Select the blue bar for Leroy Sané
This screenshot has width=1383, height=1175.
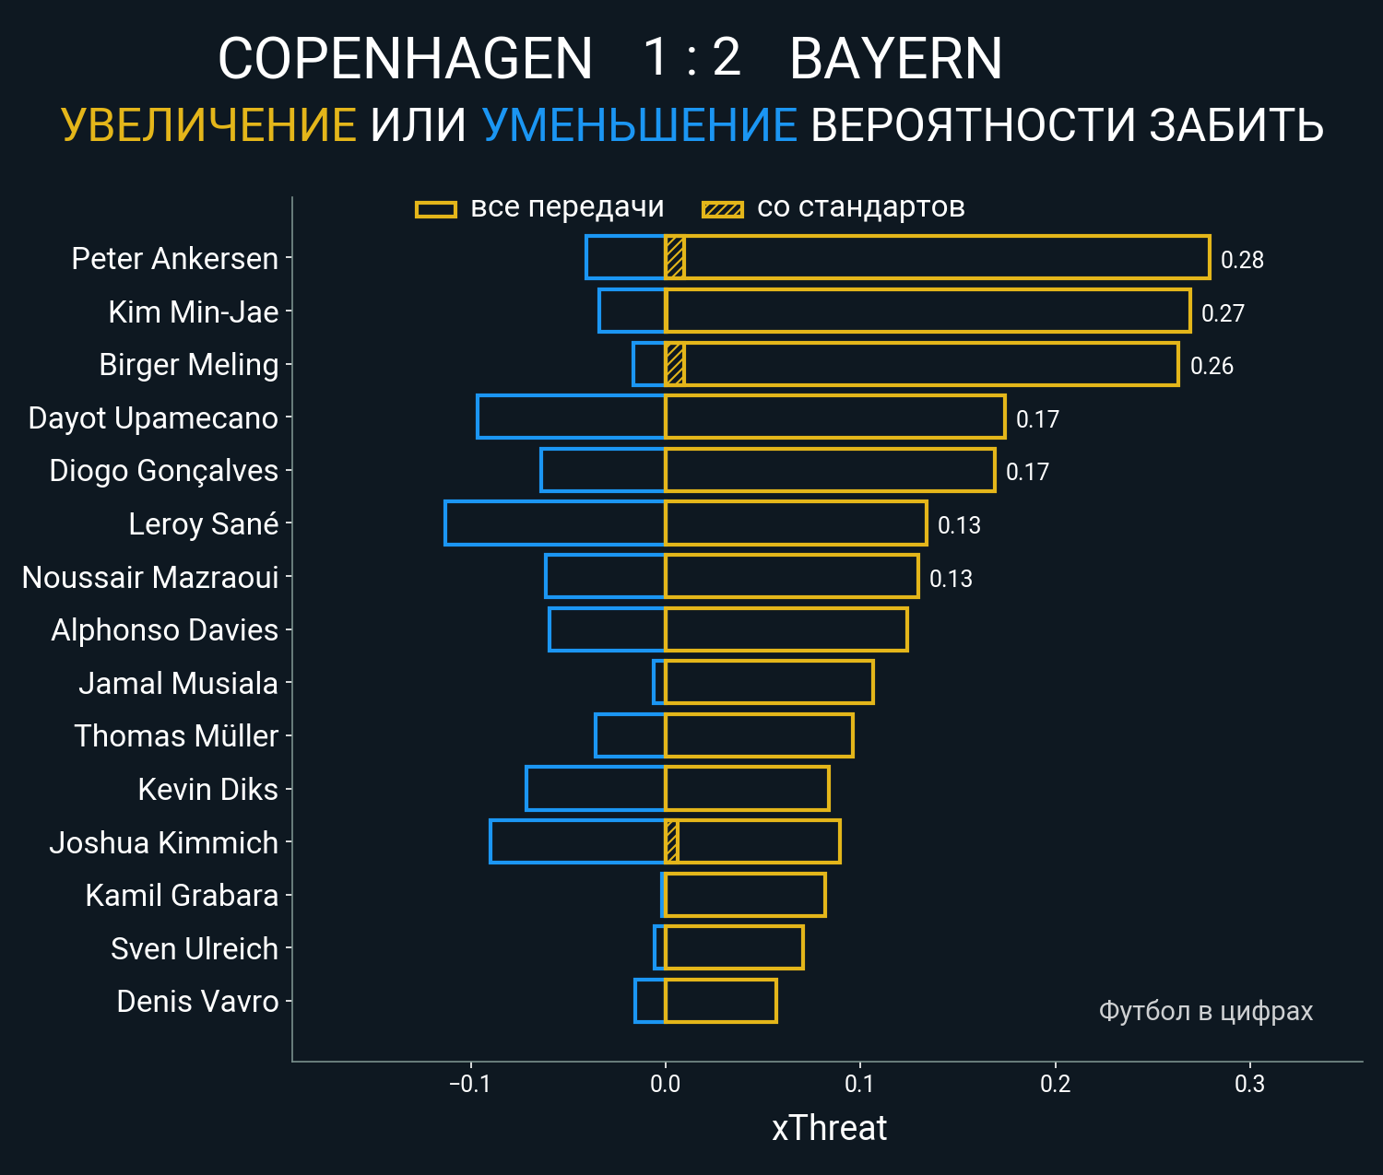coord(554,523)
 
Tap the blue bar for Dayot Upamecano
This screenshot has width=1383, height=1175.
coord(571,417)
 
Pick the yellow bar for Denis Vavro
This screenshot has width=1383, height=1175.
coord(720,1001)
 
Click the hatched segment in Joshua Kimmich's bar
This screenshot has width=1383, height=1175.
coord(672,841)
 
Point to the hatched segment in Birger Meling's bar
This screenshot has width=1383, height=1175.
coord(675,364)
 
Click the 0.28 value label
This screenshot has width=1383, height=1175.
coord(1242,260)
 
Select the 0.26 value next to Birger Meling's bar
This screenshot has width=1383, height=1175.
coord(1212,366)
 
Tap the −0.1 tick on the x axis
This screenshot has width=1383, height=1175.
coord(469,1084)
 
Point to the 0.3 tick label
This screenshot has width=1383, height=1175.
coord(1249,1084)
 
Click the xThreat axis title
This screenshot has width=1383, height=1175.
coord(829,1128)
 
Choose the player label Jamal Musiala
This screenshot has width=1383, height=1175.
coord(178,683)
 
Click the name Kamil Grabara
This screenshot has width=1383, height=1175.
coord(182,895)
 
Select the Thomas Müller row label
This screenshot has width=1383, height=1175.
coord(176,735)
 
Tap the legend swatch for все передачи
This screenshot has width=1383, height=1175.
coord(436,209)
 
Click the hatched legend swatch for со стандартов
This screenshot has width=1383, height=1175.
coord(722,209)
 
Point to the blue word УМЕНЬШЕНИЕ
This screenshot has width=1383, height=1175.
coord(639,125)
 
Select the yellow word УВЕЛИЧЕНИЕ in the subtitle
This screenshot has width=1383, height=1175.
coord(208,125)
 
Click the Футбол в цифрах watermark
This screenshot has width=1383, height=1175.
coord(1205,1011)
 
